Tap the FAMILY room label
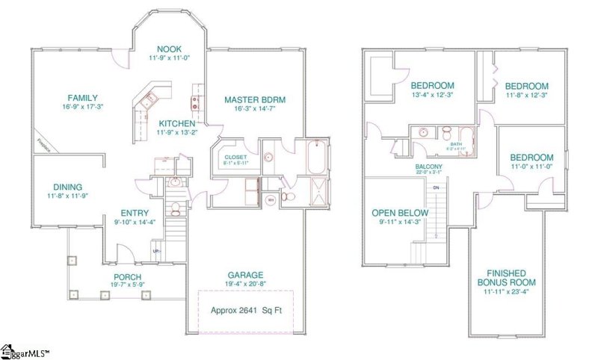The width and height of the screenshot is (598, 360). coord(82,98)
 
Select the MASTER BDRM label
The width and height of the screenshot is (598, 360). coord(255,99)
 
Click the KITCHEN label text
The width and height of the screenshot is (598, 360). coord(176,123)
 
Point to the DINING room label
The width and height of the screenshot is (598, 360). coord(67,187)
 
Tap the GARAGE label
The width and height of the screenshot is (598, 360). coord(245,275)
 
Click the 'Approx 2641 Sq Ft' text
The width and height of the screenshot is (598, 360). coord(245,309)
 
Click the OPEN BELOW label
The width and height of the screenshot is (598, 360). coord(401,212)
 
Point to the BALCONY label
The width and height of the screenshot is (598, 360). coord(429,167)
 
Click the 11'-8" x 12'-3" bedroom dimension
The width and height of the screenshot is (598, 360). coord(526,95)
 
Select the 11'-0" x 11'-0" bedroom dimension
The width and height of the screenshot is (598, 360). coord(531,168)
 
